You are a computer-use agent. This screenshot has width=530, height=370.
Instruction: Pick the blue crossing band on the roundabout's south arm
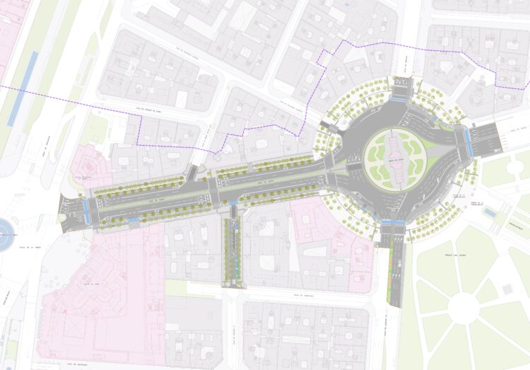click(393, 224)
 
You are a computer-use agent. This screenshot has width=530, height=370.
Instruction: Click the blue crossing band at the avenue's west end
click(87, 210)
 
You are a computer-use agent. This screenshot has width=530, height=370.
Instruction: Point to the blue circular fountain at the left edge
click(4, 235)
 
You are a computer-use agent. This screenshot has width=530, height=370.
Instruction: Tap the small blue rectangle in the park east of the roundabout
click(490, 212)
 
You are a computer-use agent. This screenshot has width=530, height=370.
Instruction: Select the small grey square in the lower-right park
click(507, 289)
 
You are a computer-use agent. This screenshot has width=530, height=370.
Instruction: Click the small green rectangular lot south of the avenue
click(176, 288)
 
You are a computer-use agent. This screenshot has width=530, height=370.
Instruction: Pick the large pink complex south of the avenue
click(99, 290)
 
